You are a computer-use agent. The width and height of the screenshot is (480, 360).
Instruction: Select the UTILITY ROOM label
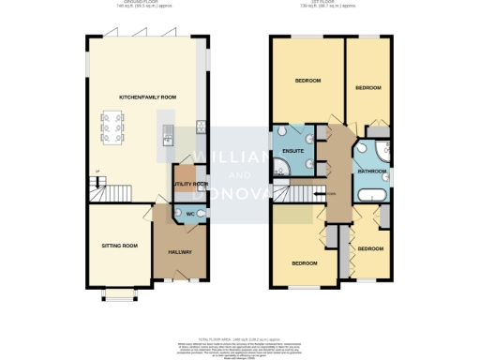(x=190, y=185)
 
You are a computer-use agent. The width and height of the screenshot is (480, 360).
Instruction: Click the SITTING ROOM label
(x=119, y=246)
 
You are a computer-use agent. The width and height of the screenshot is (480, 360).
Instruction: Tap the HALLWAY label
(x=179, y=252)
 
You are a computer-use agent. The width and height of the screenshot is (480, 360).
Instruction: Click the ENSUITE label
(x=293, y=150)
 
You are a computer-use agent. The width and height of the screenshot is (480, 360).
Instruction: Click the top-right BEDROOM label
(x=368, y=87)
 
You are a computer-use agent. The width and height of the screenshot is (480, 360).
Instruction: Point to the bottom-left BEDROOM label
(x=303, y=263)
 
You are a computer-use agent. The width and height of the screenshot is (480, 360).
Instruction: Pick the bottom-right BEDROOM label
(x=370, y=248)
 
